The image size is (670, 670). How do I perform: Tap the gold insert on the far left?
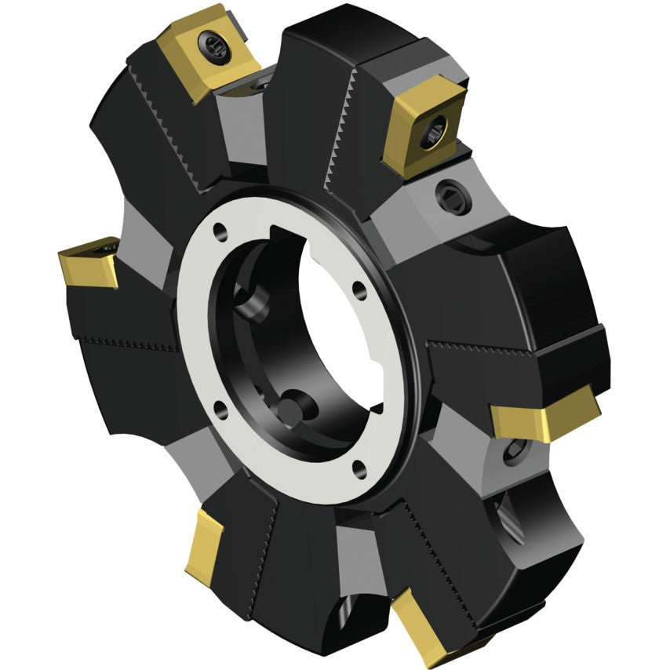click(88, 262)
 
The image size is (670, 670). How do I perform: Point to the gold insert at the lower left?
click(207, 546)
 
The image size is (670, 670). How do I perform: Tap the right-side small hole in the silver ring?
click(359, 289)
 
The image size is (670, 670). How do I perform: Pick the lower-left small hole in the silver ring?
click(220, 406)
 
